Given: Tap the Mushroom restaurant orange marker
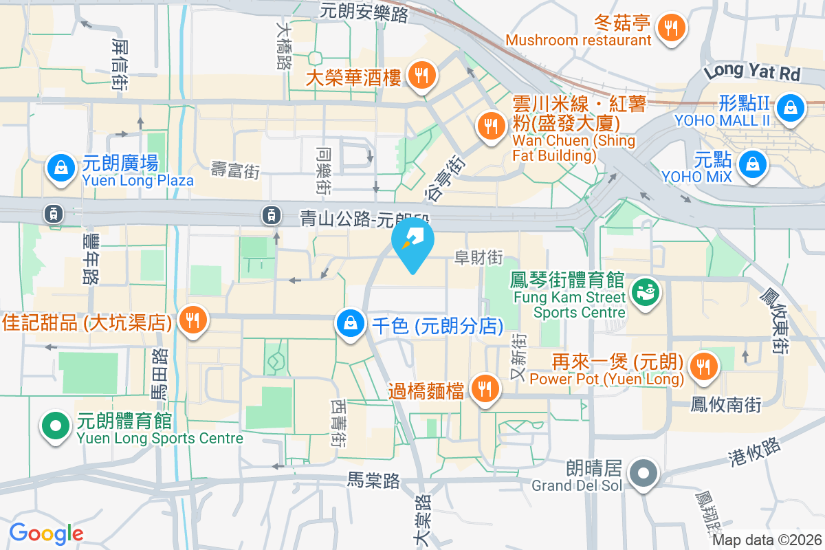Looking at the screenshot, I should coord(669,28).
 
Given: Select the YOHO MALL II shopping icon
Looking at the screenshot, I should coord(791,108).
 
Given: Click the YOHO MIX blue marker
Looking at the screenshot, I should coord(753,164).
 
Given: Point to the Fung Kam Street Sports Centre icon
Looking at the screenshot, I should coord(646,292).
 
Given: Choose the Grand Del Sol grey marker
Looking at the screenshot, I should coord(644,474).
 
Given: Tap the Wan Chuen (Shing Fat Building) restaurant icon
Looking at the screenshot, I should coord(489,126).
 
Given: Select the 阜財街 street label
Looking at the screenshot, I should coord(478,258).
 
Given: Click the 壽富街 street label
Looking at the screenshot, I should coord(235,171).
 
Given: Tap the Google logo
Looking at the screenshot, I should coord(46,533).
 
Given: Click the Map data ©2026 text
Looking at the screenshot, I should coord(766,540).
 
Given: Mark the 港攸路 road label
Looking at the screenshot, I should coord(754,453).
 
